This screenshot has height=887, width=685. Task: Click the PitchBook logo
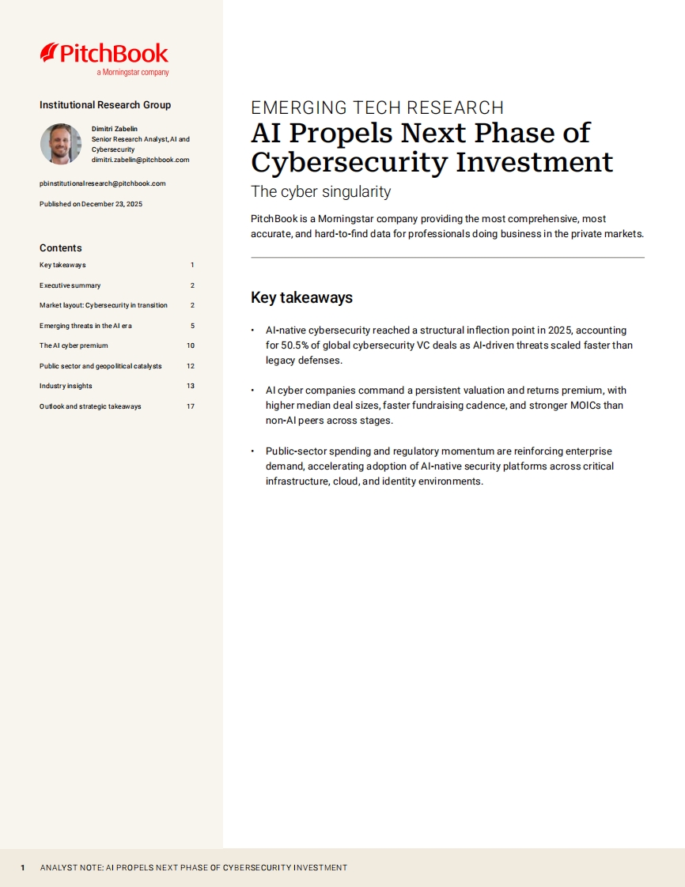104,55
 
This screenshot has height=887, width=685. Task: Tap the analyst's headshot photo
61,144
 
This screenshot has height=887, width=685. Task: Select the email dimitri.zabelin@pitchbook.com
140,160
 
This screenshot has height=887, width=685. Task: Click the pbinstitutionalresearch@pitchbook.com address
102,183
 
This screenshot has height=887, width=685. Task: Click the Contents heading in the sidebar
60,248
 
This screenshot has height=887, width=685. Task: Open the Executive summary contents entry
70,285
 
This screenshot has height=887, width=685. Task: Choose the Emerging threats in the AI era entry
85,326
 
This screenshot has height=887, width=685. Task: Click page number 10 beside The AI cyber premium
190,345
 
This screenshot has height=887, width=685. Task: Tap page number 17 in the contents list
190,406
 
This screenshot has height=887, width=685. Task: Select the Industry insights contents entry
66,386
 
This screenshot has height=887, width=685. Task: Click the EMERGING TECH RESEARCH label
377,108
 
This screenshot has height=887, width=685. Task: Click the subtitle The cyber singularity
320,192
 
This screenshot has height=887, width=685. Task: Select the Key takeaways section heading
301,298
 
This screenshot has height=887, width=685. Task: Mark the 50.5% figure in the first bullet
297,345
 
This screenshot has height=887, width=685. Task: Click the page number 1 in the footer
23,867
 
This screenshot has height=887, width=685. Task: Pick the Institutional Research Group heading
105,105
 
